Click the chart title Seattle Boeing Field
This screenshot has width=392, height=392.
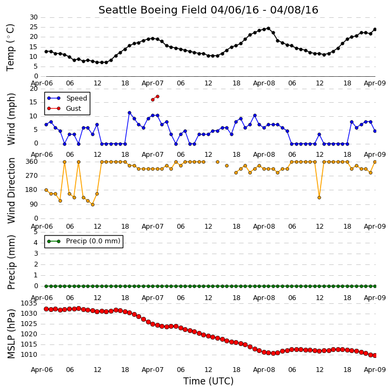tap(152, 10)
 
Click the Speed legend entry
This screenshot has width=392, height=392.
tap(68, 98)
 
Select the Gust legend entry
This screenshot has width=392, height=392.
tap(64, 109)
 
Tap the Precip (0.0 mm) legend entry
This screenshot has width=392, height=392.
tap(84, 241)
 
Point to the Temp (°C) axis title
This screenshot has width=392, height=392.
tap(10, 48)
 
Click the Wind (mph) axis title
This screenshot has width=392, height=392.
tap(11, 119)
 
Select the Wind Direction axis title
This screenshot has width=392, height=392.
tap(11, 190)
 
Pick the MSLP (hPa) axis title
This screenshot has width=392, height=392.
tap(11, 334)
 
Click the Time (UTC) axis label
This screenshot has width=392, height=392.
tap(208, 381)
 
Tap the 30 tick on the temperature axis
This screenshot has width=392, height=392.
tap(34, 17)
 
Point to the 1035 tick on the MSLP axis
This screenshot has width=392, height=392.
tap(29, 303)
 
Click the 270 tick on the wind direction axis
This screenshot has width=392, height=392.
tap(32, 176)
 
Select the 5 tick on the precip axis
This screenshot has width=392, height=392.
tap(36, 232)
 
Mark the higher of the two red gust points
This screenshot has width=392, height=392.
tap(157, 96)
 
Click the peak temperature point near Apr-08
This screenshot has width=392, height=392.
tap(269, 29)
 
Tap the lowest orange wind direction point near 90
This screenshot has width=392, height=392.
tap(93, 204)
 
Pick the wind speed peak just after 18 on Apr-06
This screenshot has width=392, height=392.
tap(130, 113)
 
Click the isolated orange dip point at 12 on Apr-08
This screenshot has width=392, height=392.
tap(319, 197)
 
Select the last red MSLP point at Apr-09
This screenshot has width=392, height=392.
tap(375, 355)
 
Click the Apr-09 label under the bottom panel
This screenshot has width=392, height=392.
tap(375, 369)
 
